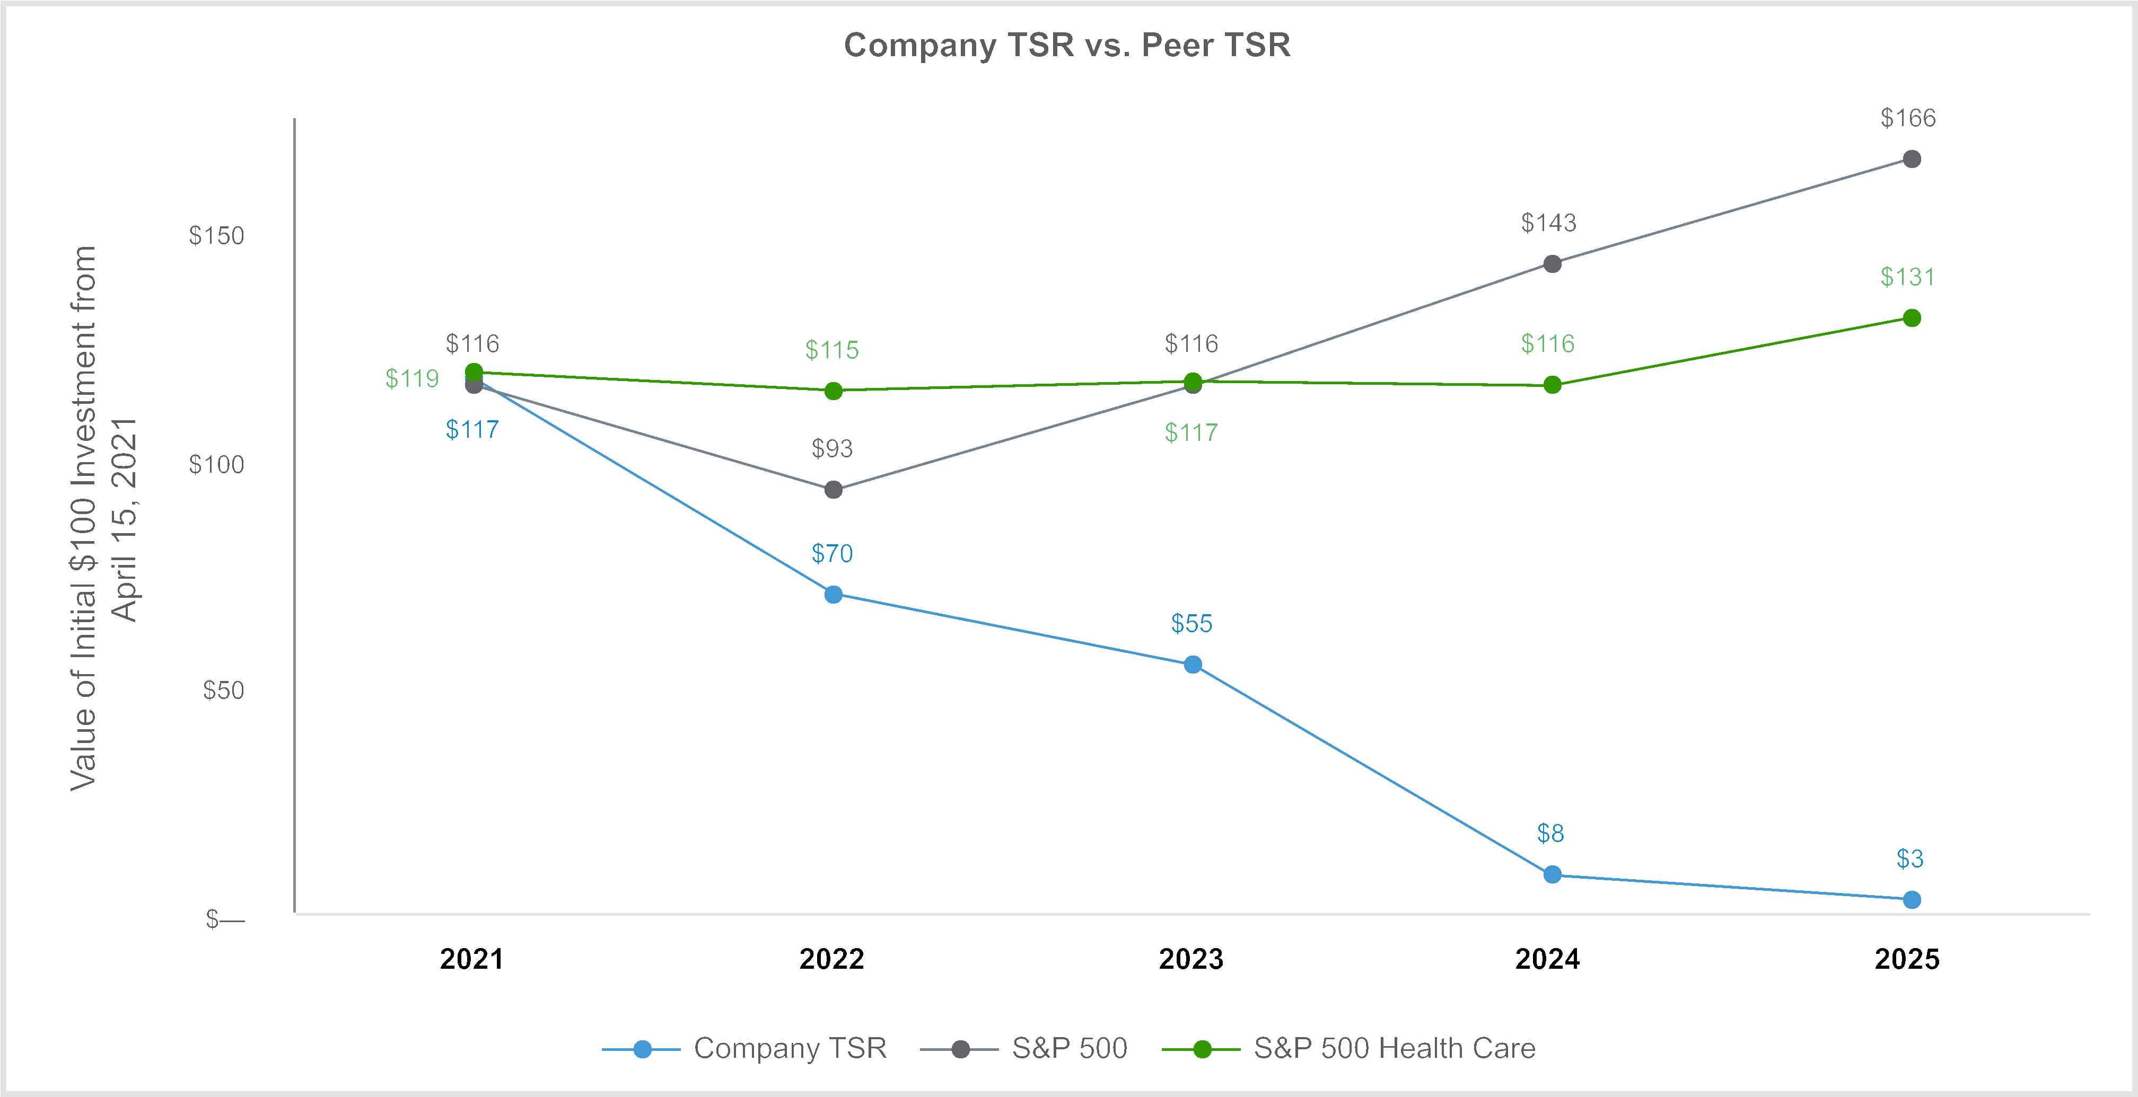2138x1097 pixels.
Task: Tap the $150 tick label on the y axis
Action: pos(217,236)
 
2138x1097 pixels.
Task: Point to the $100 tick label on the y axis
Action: pos(217,465)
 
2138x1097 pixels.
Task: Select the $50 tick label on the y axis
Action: pos(223,691)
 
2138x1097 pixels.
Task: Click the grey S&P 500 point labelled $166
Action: pos(1912,158)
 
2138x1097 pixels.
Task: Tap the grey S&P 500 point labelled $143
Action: pos(1552,264)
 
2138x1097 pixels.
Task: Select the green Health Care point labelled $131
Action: pos(1912,319)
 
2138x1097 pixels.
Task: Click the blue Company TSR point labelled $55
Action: pos(1193,665)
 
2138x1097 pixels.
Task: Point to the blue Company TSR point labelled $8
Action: pos(1552,874)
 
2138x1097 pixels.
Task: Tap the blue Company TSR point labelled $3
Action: pos(1912,899)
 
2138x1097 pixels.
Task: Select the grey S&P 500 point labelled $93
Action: pos(833,490)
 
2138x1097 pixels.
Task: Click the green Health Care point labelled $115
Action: pos(833,391)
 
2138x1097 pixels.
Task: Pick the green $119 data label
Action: pos(411,379)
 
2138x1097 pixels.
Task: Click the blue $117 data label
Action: pos(472,430)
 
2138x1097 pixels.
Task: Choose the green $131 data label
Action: pos(1907,277)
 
